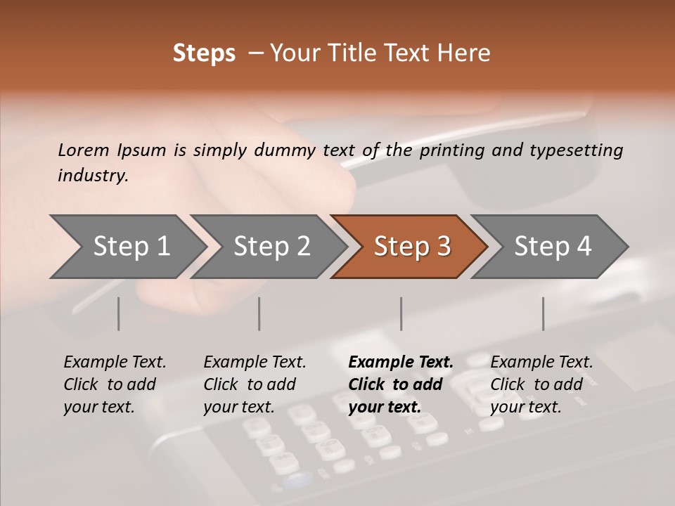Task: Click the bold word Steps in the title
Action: click(x=204, y=53)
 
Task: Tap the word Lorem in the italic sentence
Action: click(x=84, y=150)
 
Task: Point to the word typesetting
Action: click(x=577, y=150)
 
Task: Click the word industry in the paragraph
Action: click(x=92, y=175)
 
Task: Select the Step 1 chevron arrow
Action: click(x=128, y=247)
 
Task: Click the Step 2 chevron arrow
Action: click(x=269, y=247)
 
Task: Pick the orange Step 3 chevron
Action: click(x=409, y=247)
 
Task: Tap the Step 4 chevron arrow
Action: click(x=550, y=247)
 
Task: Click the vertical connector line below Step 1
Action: click(x=118, y=313)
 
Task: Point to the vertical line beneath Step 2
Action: click(x=259, y=313)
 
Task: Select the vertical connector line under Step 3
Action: click(x=401, y=313)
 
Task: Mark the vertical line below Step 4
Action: click(x=544, y=313)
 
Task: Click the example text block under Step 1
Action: click(x=115, y=384)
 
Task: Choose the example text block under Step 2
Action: click(x=255, y=384)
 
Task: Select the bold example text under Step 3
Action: click(x=401, y=384)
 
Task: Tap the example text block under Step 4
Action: click(x=541, y=384)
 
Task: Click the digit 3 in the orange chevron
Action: click(x=444, y=246)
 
